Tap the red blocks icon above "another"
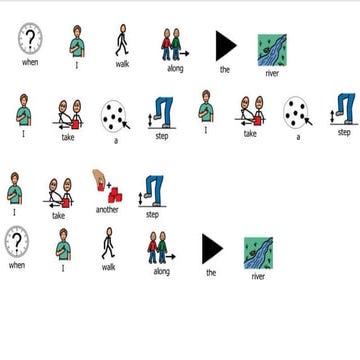[106, 187]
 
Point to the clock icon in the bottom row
[17, 243]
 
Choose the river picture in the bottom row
[259, 252]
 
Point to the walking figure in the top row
[122, 41]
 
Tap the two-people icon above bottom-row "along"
[160, 247]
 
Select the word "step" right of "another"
[152, 214]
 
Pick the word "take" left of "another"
[58, 215]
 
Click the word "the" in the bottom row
[211, 272]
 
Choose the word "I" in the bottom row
[62, 268]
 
